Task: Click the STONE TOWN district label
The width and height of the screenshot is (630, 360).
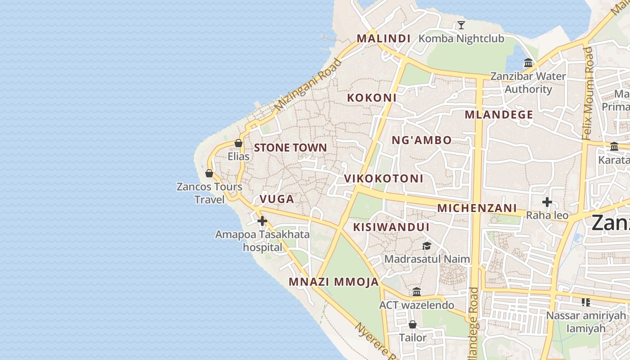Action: click(290, 148)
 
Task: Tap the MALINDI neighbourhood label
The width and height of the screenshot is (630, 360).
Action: click(383, 39)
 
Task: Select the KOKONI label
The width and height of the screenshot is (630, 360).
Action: click(372, 98)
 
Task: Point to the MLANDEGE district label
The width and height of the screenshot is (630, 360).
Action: click(499, 115)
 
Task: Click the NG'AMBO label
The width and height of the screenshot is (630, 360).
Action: click(421, 140)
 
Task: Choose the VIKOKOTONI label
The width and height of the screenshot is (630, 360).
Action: click(383, 179)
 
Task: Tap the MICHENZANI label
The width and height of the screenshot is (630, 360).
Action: click(477, 208)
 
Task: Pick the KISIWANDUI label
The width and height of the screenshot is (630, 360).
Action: click(391, 227)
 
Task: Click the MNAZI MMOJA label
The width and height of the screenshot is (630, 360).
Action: click(333, 282)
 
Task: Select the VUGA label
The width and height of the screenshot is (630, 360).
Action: click(277, 199)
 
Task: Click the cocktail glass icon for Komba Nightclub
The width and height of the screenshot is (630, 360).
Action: click(461, 25)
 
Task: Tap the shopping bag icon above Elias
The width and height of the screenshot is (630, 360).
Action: click(238, 143)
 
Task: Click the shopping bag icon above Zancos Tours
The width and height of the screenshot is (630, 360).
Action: click(209, 173)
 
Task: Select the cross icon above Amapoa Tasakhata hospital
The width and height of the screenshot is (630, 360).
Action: click(262, 221)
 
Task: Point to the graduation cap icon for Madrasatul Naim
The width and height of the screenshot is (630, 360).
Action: click(427, 246)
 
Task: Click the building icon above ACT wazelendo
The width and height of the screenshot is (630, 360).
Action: click(417, 292)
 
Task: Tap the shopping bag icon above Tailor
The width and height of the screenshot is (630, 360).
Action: click(413, 324)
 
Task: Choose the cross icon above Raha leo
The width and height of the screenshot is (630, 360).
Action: click(547, 202)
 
